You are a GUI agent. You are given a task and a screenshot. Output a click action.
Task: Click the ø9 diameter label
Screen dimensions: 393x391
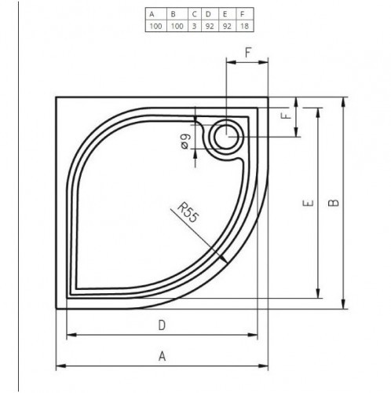pos(185,143)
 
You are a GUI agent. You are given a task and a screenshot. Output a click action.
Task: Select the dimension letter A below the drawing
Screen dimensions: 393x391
pos(163,356)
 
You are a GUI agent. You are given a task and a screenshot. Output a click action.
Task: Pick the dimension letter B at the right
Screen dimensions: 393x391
pos(334,202)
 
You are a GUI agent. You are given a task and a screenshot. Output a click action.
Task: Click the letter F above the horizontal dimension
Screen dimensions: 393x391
pos(247,54)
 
